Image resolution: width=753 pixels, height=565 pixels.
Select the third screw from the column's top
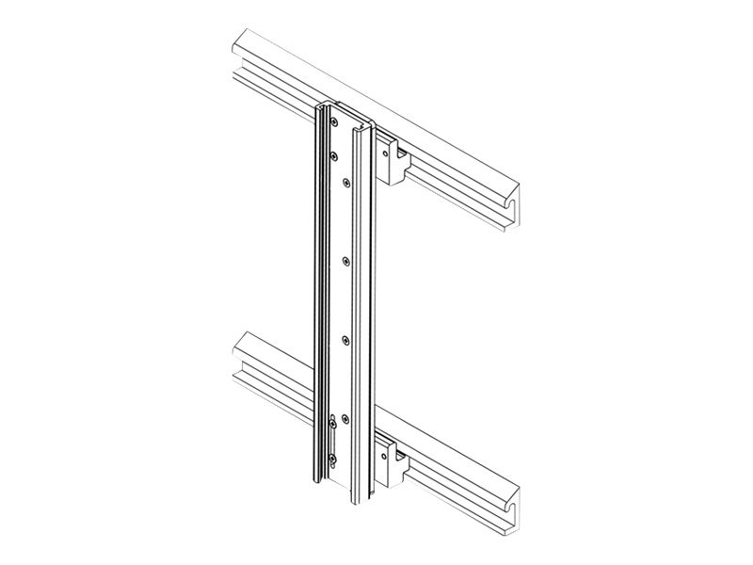click(x=346, y=181)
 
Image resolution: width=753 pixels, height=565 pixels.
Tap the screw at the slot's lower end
click(x=333, y=460)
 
